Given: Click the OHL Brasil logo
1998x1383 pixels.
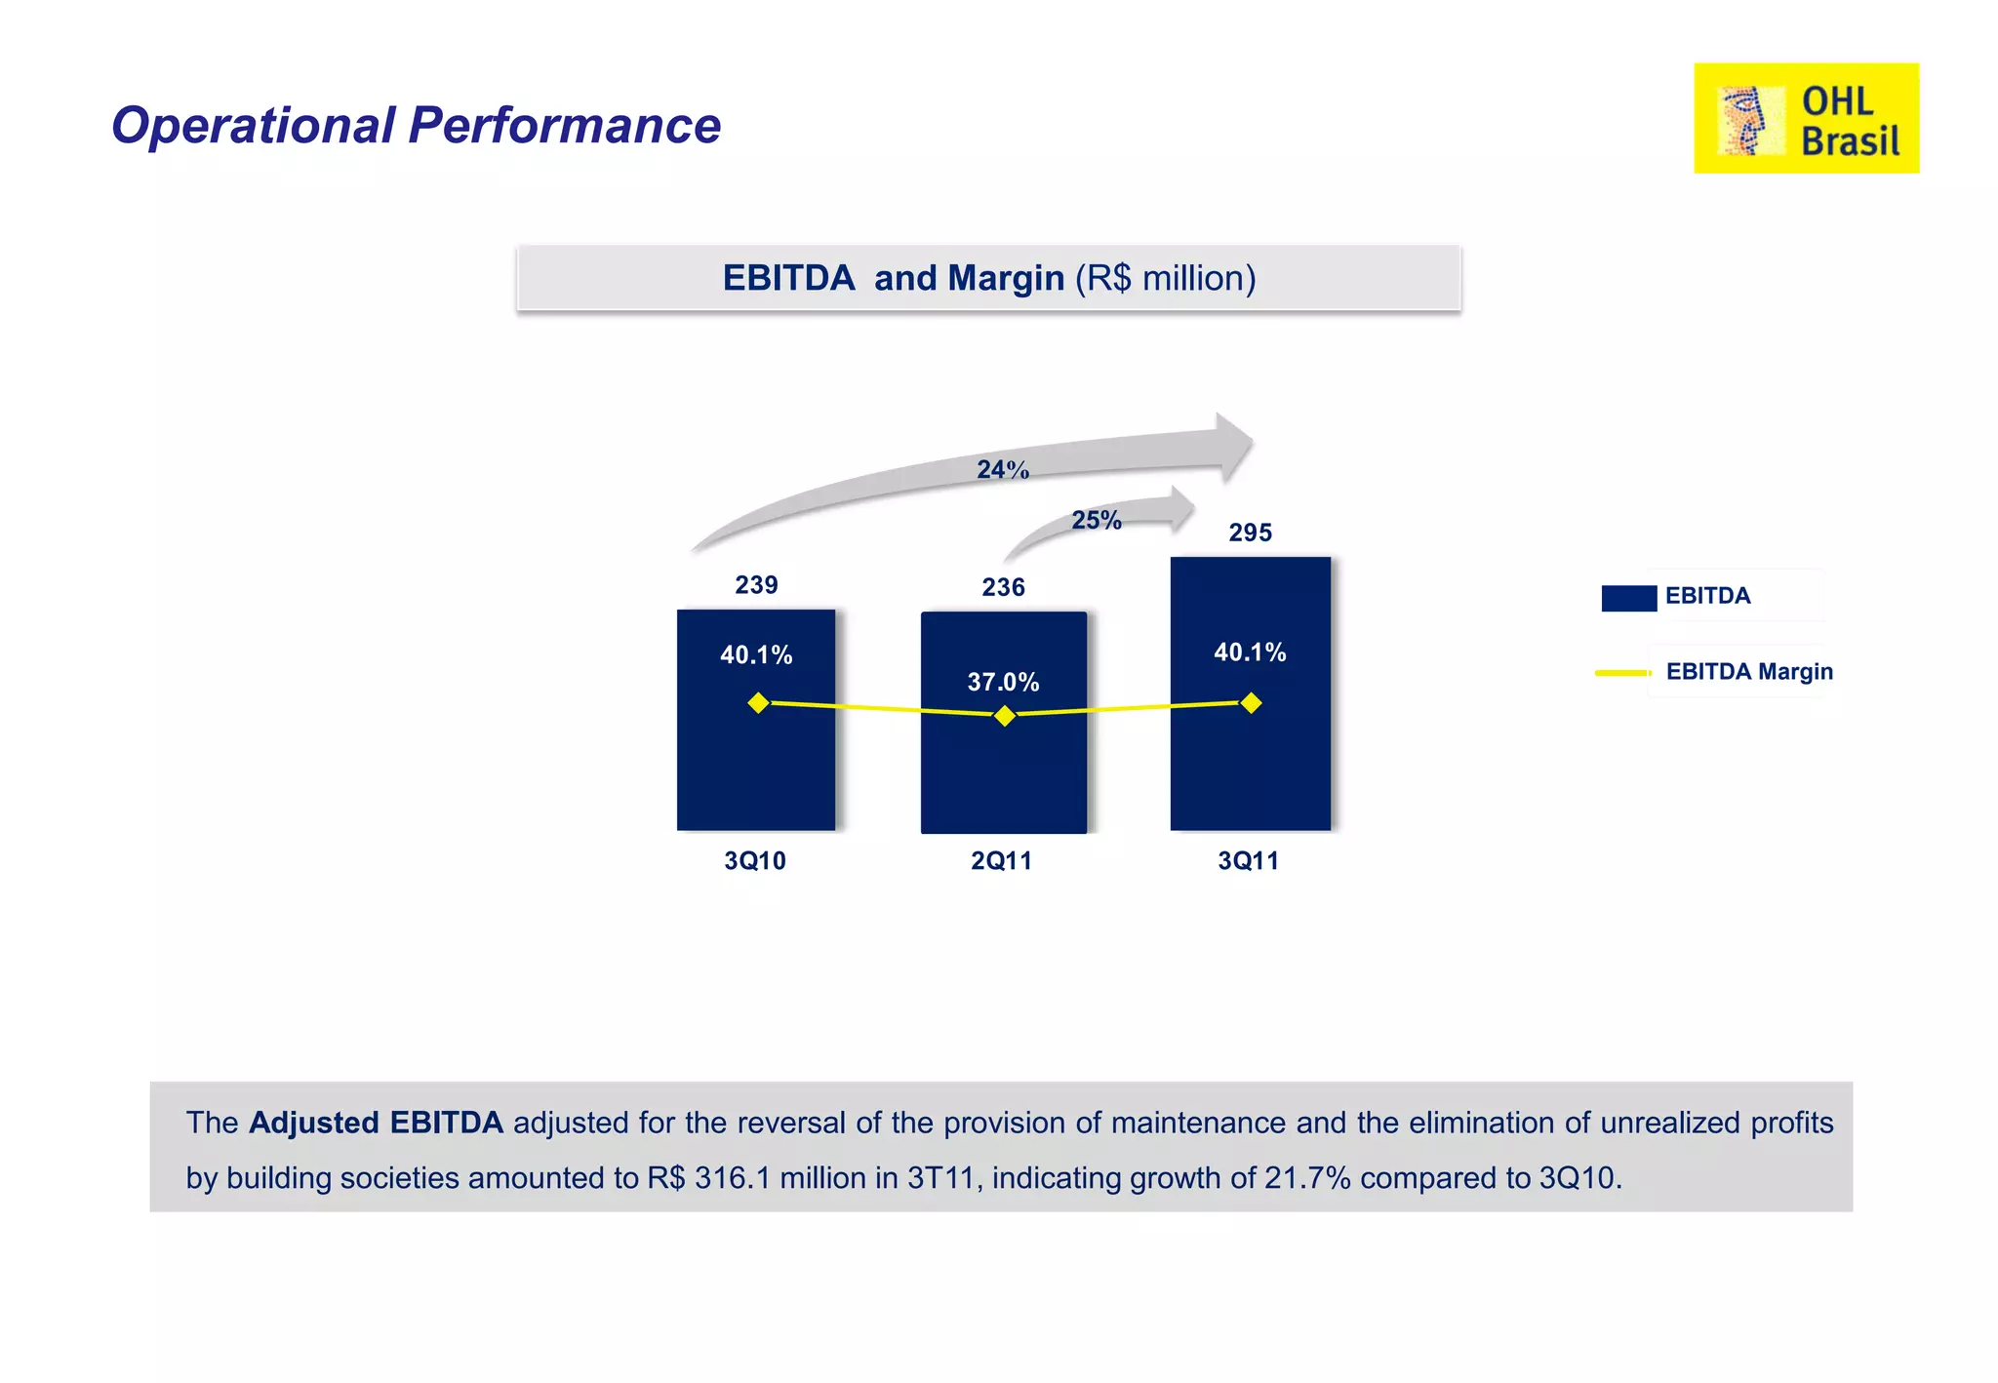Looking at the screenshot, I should [1806, 118].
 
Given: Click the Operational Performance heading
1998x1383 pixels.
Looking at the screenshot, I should [416, 125].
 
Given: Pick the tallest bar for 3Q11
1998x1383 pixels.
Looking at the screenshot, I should [1250, 761].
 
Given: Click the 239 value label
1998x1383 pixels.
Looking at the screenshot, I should [756, 584].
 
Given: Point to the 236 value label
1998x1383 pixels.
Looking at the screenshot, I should [1003, 587].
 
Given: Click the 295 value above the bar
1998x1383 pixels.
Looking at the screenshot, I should [1250, 533].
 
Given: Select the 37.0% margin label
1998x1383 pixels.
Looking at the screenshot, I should [1003, 682].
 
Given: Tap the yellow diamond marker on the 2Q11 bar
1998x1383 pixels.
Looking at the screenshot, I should [1005, 716].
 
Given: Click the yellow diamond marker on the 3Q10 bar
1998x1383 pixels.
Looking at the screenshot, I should [758, 702].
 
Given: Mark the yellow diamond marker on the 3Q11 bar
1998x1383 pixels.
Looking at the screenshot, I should [1251, 702].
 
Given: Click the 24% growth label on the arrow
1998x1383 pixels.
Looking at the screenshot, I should [1003, 470].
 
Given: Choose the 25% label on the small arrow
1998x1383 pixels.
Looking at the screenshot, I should [1097, 520].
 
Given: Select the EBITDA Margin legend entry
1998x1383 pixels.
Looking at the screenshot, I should [1748, 671].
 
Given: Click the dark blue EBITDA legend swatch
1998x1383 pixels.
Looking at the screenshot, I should [1628, 597].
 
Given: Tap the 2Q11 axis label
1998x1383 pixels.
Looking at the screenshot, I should [1001, 860].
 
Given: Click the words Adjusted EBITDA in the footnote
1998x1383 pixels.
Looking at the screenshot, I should [376, 1123].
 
